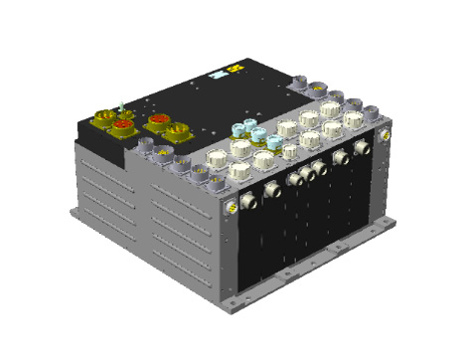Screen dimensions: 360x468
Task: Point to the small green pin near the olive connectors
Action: (119, 104)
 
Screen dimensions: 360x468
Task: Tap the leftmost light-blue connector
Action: (238, 130)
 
